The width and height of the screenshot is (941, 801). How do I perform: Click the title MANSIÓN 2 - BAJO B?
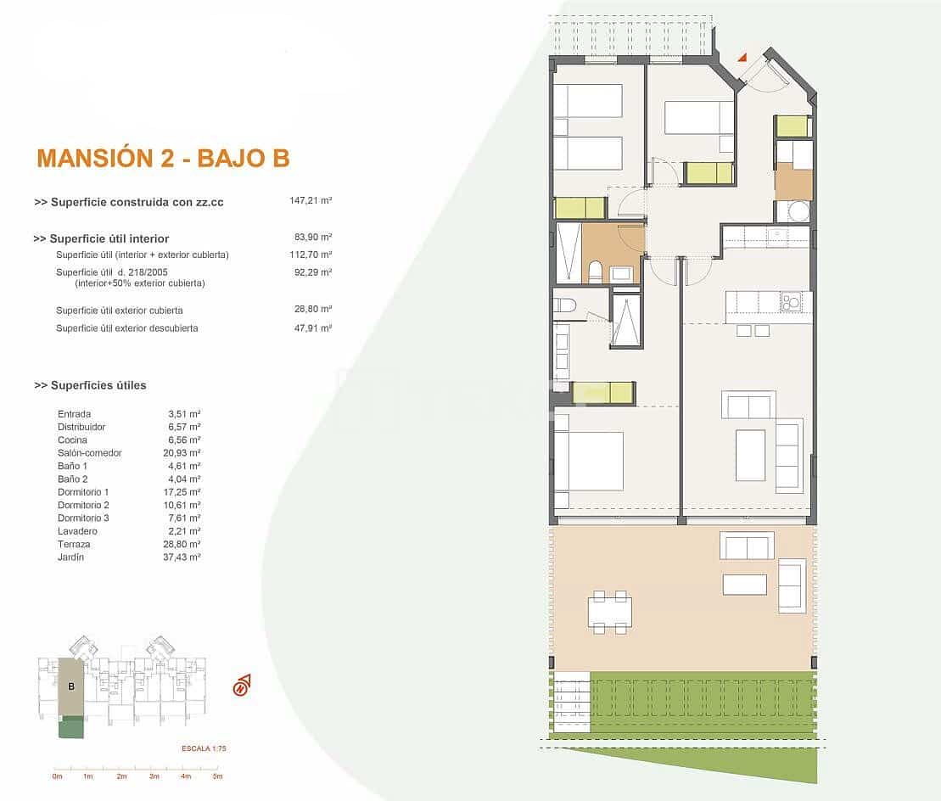tap(163, 158)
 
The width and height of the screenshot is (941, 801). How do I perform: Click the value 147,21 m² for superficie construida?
tap(311, 202)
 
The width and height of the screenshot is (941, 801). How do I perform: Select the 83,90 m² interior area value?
tap(312, 238)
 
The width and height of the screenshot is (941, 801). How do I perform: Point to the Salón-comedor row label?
tap(89, 453)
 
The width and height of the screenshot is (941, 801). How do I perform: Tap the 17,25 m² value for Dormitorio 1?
tap(184, 492)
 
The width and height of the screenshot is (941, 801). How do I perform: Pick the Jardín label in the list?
tap(70, 557)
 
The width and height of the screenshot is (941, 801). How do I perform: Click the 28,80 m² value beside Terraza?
tap(184, 544)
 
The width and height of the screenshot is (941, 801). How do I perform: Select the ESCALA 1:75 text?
tap(204, 748)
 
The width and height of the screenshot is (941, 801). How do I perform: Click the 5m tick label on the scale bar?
tap(217, 776)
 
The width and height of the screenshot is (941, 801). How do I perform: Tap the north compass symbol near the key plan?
tap(242, 685)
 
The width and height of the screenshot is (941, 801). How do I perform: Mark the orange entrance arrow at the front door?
tap(742, 58)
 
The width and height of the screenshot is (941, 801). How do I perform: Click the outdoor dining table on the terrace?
tap(609, 612)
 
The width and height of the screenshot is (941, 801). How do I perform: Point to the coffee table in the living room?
tap(750, 455)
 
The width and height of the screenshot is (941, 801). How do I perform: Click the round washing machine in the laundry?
tap(798, 211)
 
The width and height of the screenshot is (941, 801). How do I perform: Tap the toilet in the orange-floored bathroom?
tap(595, 272)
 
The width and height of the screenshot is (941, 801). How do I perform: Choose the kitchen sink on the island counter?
tap(791, 301)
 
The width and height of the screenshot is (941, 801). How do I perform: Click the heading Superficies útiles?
tap(90, 385)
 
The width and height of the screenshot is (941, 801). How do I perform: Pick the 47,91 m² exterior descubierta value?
tap(312, 328)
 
